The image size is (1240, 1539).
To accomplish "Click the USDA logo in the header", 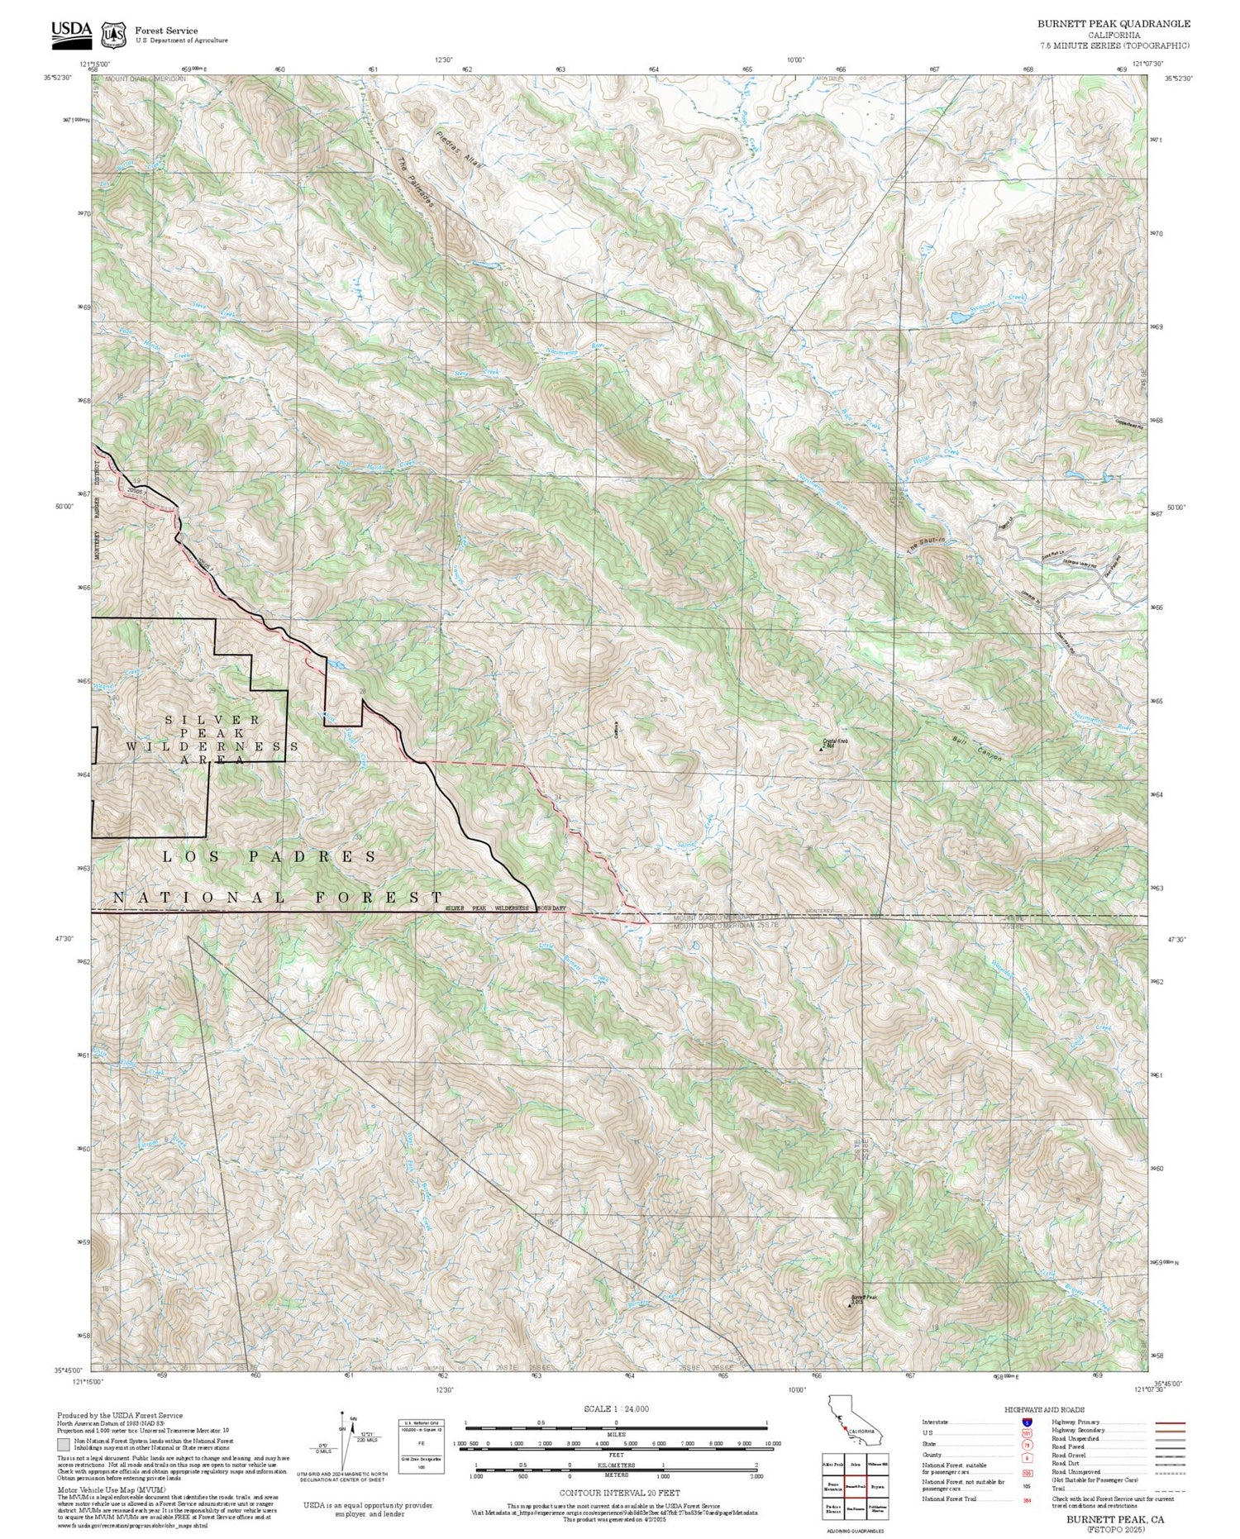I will pyautogui.click(x=72, y=32).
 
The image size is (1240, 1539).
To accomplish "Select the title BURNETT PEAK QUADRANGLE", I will pyautogui.click(x=1114, y=24).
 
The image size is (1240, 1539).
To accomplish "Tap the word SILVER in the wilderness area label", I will pyautogui.click(x=212, y=719).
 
